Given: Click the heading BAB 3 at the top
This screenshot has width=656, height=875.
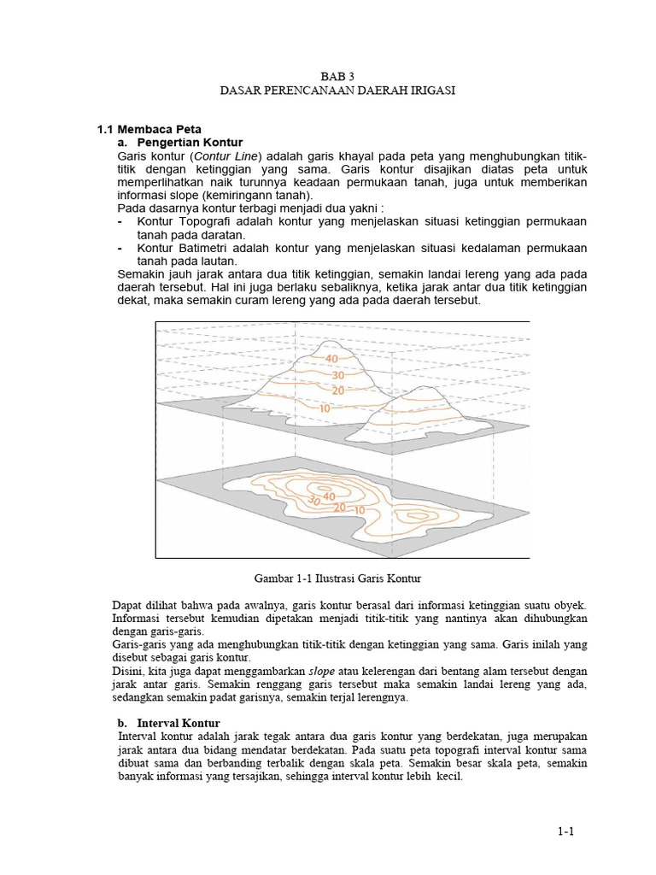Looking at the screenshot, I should tap(329, 75).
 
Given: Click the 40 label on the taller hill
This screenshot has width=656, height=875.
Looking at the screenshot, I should tap(331, 358).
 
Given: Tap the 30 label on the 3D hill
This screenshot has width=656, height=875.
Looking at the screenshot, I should tap(338, 374).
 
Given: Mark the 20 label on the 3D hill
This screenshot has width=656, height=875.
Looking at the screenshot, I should tap(338, 390).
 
